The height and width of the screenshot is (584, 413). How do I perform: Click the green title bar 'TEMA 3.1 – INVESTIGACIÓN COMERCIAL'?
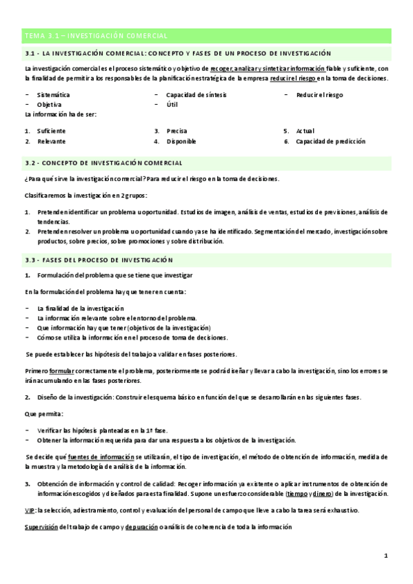click(x=206, y=35)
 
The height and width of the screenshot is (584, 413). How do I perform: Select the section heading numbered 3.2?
click(x=103, y=163)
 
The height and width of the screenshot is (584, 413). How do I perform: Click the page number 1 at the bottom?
click(x=386, y=555)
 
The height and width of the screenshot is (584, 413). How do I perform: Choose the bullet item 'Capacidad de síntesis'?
click(x=196, y=95)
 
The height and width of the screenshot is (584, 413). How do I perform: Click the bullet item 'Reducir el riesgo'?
click(x=319, y=95)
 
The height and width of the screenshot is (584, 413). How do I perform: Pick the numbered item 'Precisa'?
click(x=177, y=130)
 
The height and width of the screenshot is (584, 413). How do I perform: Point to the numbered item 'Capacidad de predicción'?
click(x=330, y=141)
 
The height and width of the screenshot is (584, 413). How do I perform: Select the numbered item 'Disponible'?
click(x=181, y=141)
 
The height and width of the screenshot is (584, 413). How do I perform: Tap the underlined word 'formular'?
click(x=61, y=371)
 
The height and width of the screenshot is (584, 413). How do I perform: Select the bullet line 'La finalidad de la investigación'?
click(x=81, y=308)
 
